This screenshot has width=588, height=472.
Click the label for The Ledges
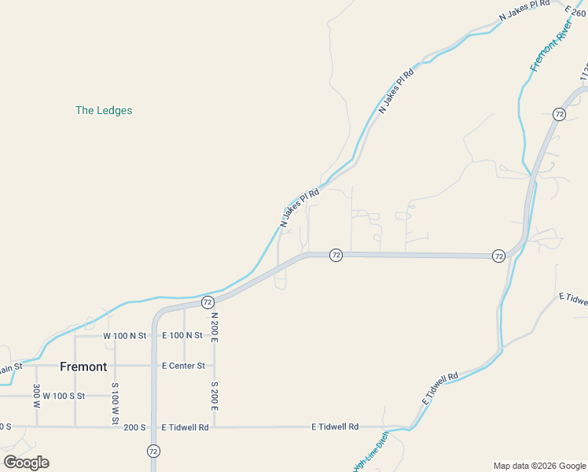[104, 111]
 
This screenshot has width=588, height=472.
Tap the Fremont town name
[83, 367]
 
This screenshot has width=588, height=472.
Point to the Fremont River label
[550, 47]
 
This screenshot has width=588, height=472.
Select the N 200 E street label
[214, 326]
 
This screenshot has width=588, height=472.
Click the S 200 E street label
[214, 396]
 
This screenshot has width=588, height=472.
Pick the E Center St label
[183, 366]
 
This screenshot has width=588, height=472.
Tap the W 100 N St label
[125, 336]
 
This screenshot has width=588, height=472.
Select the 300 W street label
[36, 396]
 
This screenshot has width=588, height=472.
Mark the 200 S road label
[134, 427]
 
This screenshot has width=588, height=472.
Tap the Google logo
[26, 463]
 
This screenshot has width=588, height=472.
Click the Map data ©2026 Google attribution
[538, 466]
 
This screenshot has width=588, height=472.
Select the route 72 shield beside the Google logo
[153, 451]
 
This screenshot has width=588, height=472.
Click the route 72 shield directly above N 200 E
[208, 302]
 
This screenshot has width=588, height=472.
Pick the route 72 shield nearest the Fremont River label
[559, 114]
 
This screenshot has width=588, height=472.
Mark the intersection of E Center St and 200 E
[214, 366]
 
